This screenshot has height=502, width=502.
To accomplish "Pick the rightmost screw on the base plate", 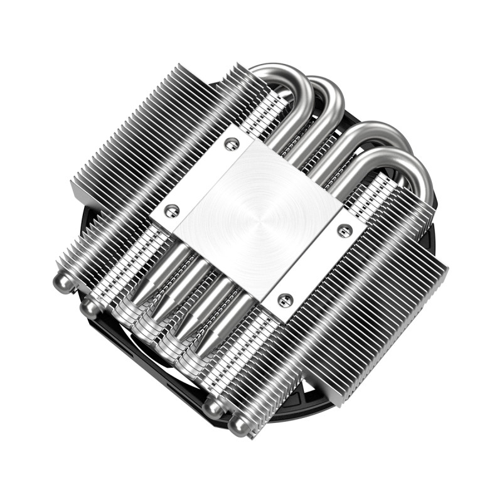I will point(343,231).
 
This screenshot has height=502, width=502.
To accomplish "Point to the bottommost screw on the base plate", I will point(284,300).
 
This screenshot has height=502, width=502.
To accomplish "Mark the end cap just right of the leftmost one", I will point(90,307).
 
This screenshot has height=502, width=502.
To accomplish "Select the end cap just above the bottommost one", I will point(212,408).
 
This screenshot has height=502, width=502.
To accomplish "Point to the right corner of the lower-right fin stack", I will point(447,267).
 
